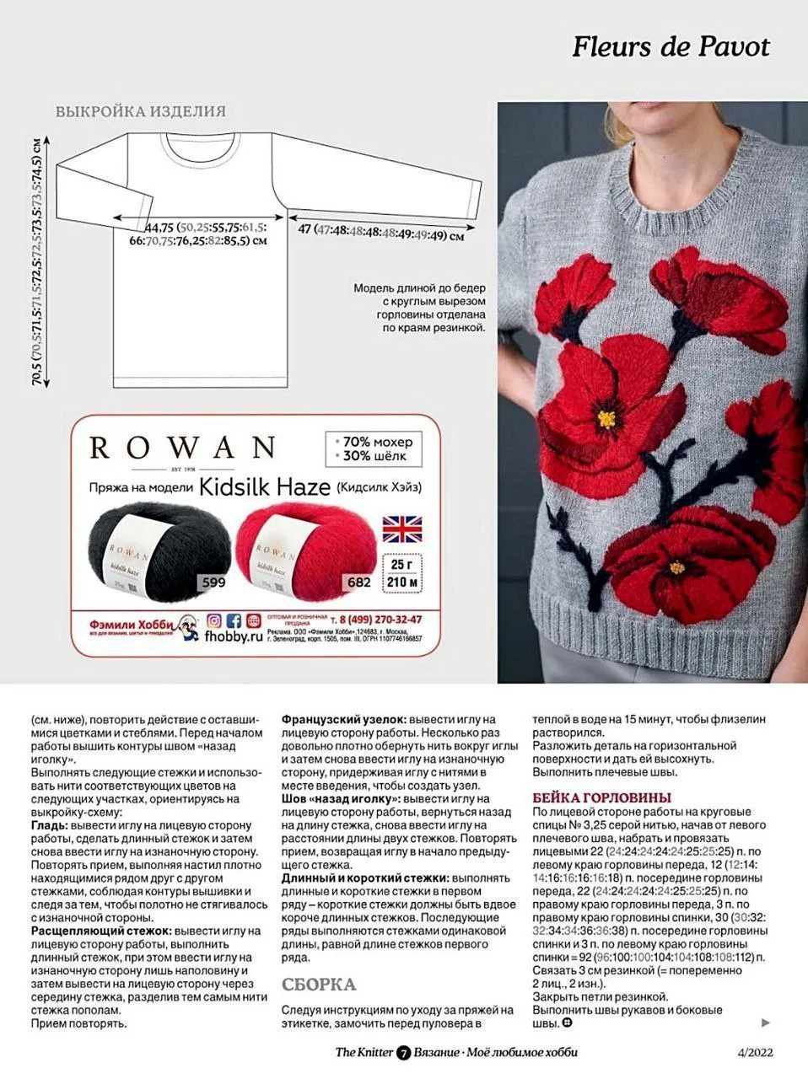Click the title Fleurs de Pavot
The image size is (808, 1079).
671,46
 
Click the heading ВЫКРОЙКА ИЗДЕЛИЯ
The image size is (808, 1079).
140,111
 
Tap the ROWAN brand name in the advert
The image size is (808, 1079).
182,447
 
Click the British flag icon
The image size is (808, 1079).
403,529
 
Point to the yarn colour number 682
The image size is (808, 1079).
358,582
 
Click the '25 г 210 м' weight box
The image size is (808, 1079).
403,573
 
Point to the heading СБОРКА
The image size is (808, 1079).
319,985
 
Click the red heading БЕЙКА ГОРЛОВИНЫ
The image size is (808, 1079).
601,797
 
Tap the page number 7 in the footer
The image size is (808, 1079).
403,1053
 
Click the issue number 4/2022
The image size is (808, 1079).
754,1052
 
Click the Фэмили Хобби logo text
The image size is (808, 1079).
128,625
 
